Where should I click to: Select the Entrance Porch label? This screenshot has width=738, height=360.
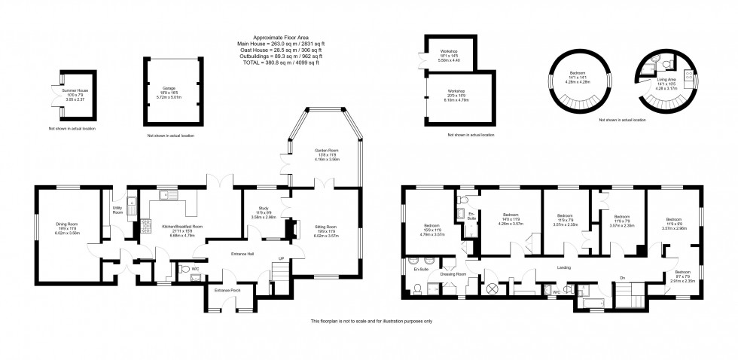227,290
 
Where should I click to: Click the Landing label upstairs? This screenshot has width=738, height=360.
563,268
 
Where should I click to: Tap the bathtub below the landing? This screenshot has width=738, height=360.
592,304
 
